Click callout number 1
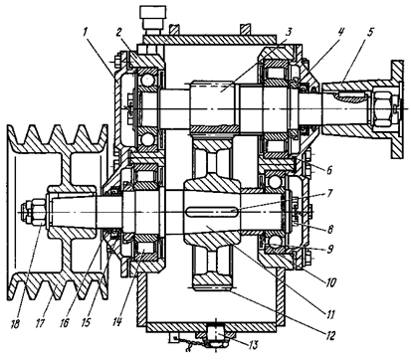click(x=85, y=32)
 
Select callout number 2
click(x=119, y=32)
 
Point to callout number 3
click(x=288, y=32)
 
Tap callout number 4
click(x=341, y=32)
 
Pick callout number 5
click(x=370, y=32)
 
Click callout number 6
click(x=328, y=170)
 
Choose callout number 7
click(x=329, y=193)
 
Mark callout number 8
click(x=329, y=229)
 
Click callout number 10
click(x=330, y=282)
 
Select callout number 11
click(x=330, y=314)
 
